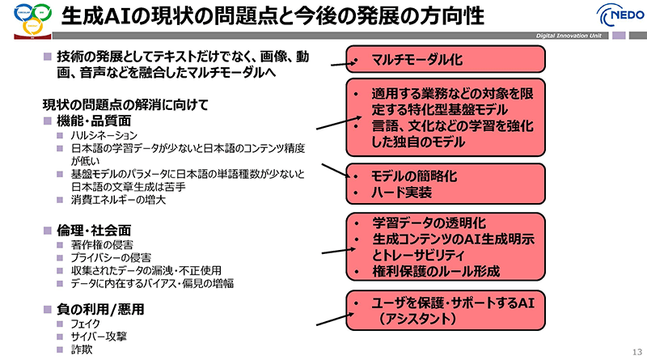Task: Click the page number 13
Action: pyautogui.click(x=634, y=349)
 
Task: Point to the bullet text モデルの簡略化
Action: pyautogui.click(x=412, y=176)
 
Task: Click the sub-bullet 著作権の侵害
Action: pyautogui.click(x=103, y=244)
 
